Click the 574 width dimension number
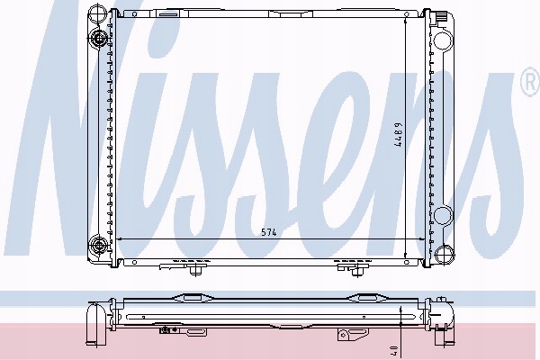click(x=268, y=232)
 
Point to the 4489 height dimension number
click(x=398, y=135)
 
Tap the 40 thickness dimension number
click(x=395, y=351)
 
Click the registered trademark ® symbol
click(x=530, y=82)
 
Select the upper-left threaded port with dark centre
click(x=99, y=38)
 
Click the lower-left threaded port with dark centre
click(x=98, y=246)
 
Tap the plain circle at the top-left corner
click(x=95, y=13)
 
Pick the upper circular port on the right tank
click(x=443, y=40)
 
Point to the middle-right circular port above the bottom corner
click(x=443, y=215)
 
